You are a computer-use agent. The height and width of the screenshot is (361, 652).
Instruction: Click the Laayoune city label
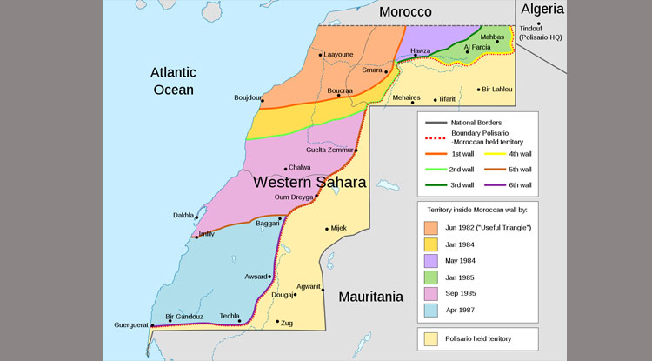point(339,54)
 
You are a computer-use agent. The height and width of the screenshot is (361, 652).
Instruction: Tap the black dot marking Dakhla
point(197,217)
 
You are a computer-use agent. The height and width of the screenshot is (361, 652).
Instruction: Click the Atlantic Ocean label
point(173,80)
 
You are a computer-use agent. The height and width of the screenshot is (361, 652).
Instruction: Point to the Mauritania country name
point(370,297)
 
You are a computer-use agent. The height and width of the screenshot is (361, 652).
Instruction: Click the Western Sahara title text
point(309,183)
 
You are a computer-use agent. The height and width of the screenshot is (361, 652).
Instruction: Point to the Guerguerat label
point(132,325)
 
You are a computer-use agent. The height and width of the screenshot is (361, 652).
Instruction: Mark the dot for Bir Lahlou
point(479,89)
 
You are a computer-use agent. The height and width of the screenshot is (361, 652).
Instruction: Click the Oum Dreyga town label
point(293,197)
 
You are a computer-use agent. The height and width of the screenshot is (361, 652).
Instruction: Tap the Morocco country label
point(405,11)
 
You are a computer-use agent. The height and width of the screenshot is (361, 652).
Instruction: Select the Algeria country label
point(542,10)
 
